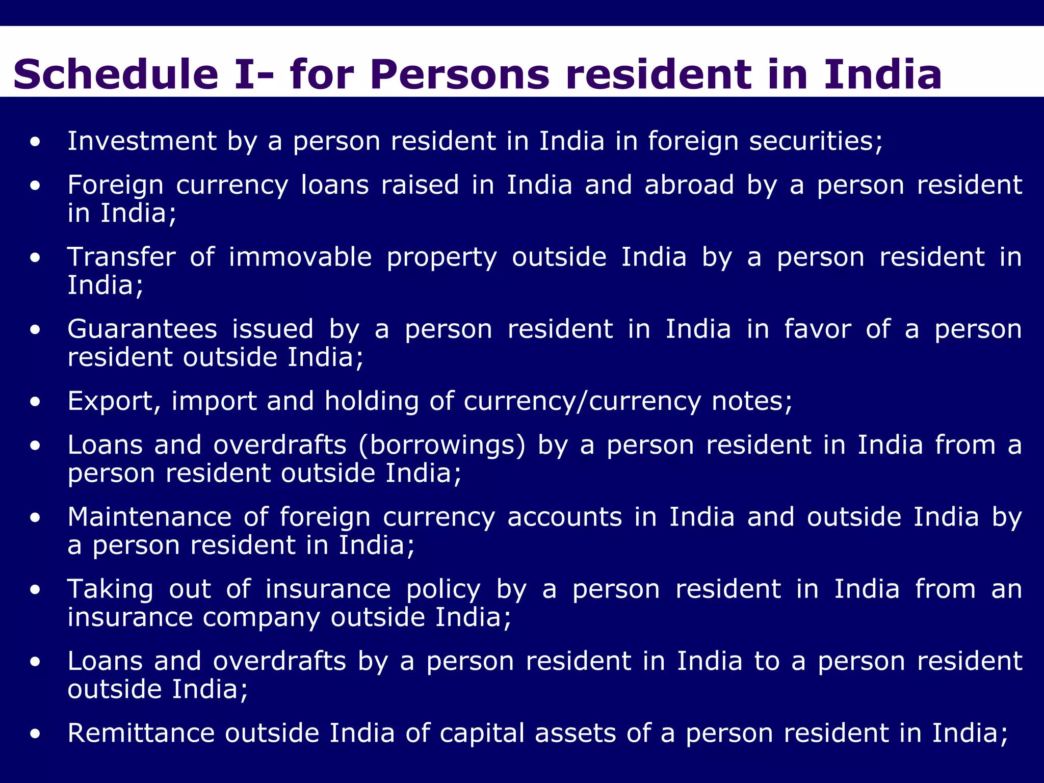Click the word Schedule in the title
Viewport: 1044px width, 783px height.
click(x=116, y=74)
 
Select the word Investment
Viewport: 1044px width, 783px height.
click(x=142, y=141)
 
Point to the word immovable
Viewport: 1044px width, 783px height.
click(x=300, y=257)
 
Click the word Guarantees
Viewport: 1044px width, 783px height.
click(x=142, y=329)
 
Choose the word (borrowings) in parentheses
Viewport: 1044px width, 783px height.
click(x=442, y=445)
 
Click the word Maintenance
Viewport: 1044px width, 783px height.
click(x=149, y=517)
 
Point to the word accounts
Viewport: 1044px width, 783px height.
click(x=564, y=517)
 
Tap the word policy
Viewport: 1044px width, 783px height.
click(x=443, y=590)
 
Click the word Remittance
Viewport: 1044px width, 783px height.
click(x=141, y=733)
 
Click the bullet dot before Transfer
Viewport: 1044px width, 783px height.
click(x=35, y=258)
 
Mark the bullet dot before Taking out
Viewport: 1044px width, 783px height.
click(x=35, y=590)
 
